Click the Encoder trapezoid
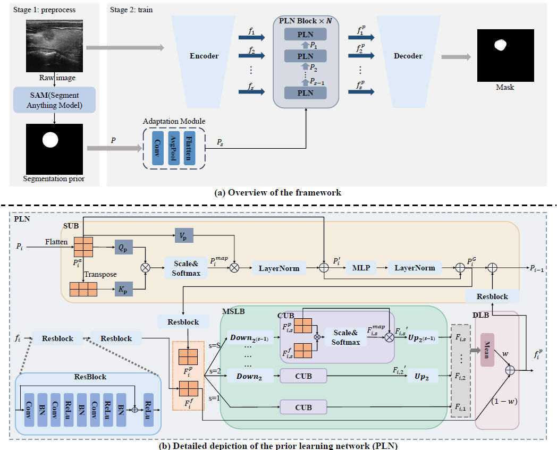click(x=204, y=56)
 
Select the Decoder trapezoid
click(x=408, y=56)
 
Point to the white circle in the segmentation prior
click(x=50, y=140)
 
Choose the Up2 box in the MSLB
click(x=423, y=376)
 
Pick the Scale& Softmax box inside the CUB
click(x=346, y=337)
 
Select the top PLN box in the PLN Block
click(x=305, y=35)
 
